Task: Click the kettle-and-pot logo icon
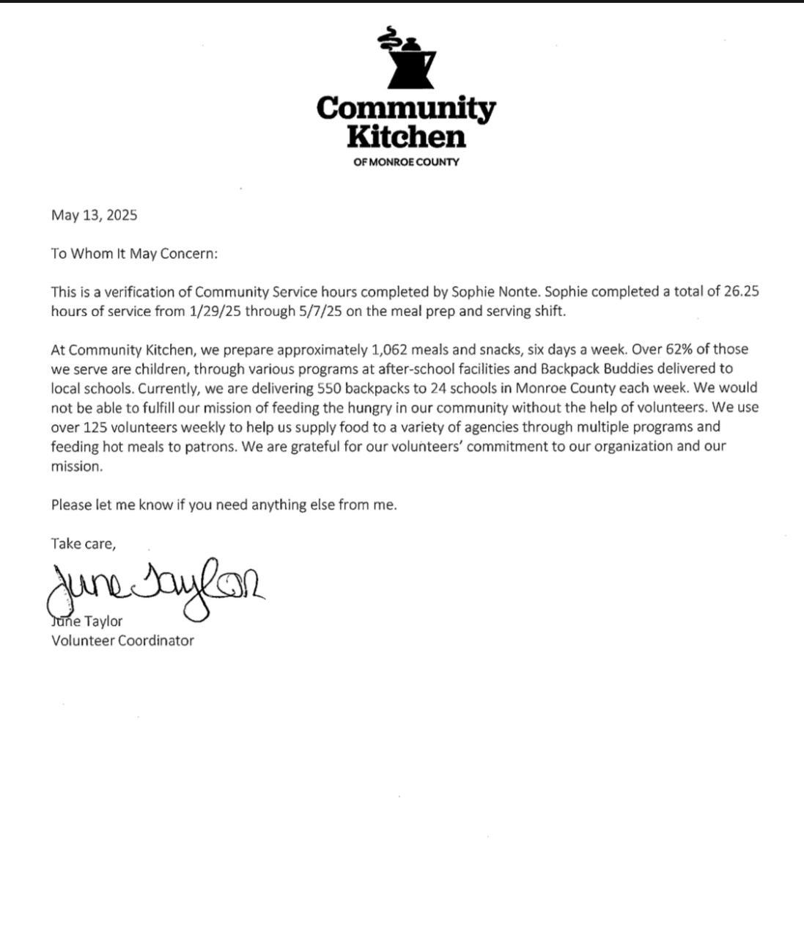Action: [x=406, y=59]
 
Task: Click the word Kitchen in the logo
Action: [x=406, y=136]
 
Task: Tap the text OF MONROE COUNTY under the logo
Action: [x=406, y=162]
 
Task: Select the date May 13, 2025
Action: [x=94, y=215]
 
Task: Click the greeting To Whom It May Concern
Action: [x=134, y=253]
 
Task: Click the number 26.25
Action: [x=741, y=291]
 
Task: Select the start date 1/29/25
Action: [x=214, y=311]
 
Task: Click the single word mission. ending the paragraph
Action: [x=76, y=466]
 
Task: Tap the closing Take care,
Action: [x=83, y=544]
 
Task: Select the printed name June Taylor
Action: [x=88, y=621]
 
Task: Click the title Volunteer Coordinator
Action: [x=122, y=640]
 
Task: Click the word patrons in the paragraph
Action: [x=211, y=446]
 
